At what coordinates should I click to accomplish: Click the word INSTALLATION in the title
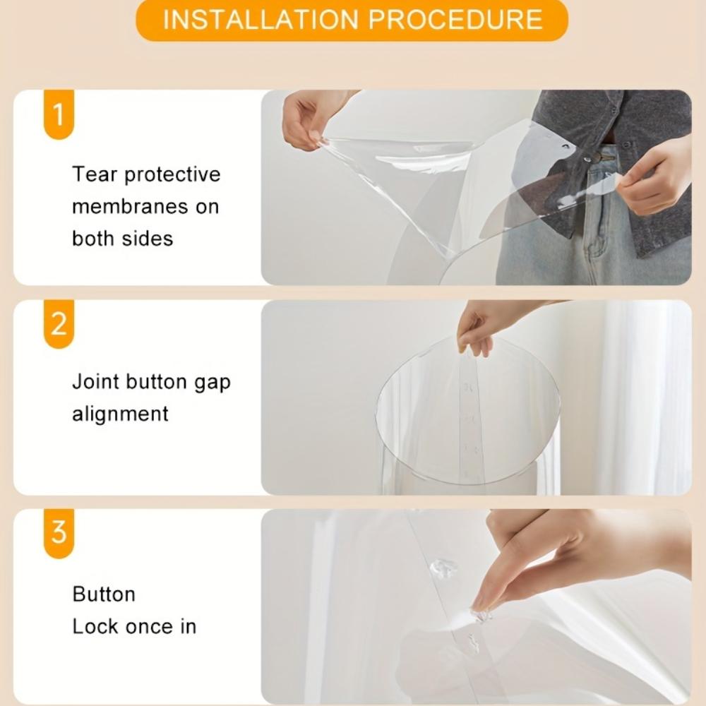(261, 19)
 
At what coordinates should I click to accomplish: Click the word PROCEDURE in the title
(455, 19)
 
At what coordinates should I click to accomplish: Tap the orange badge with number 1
(59, 114)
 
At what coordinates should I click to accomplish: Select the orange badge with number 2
(59, 324)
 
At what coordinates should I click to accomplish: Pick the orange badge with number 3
(59, 533)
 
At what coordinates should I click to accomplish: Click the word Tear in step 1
(95, 174)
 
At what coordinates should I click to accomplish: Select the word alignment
(120, 414)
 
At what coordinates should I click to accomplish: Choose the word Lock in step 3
(95, 626)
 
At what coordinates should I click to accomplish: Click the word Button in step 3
(104, 594)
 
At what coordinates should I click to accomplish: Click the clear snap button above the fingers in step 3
(443, 569)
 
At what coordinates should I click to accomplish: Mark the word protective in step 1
(172, 175)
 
